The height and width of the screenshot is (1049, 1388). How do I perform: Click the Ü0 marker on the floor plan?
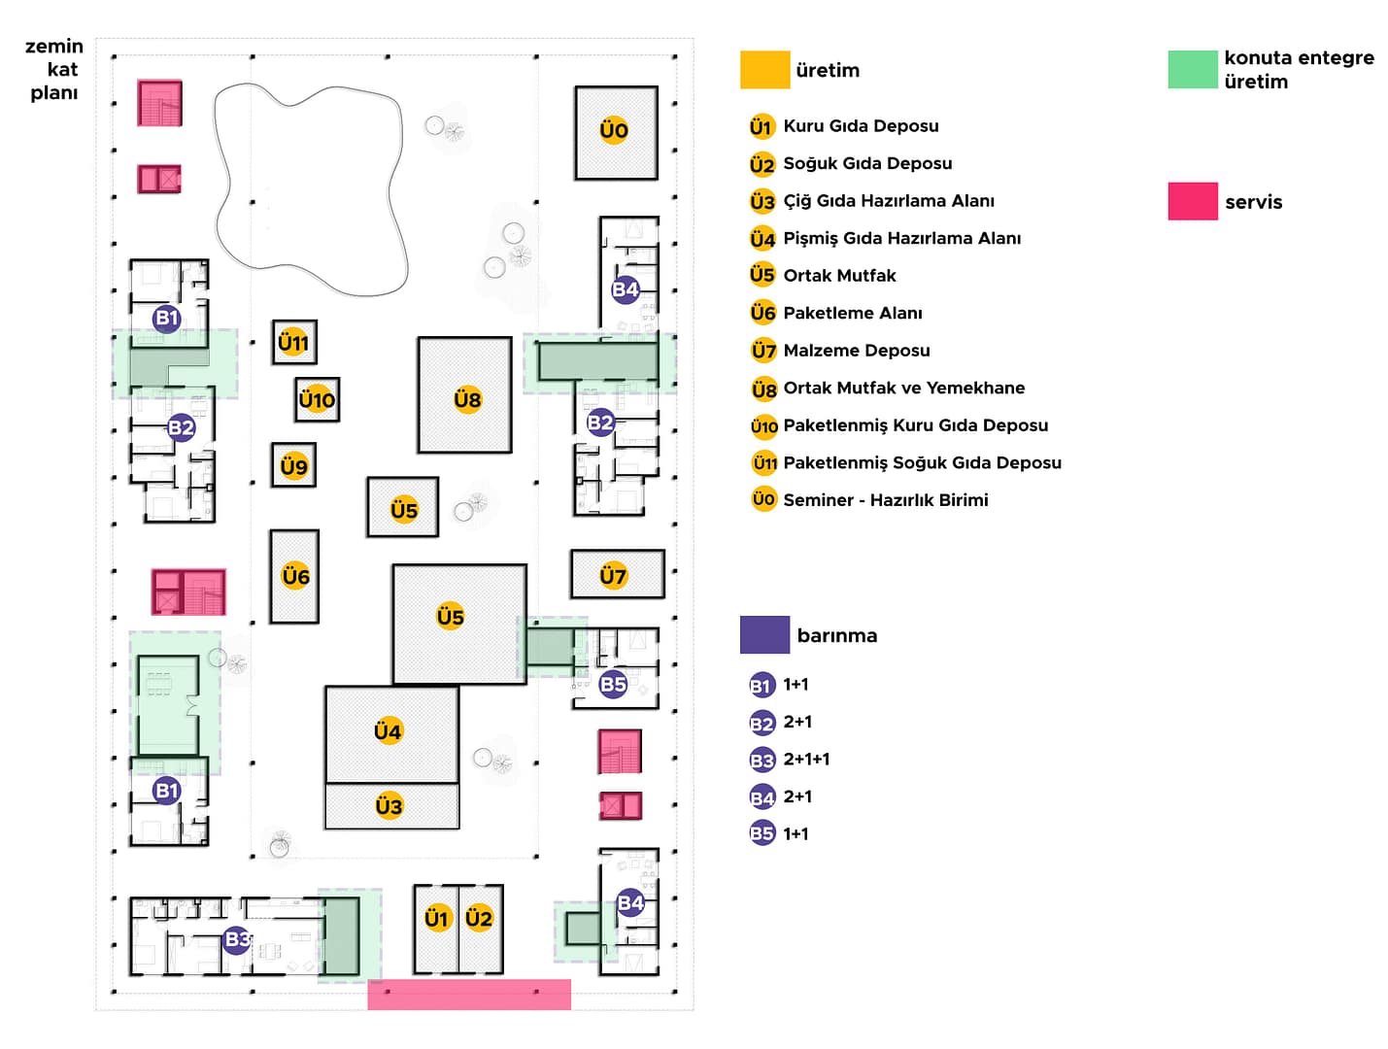613,129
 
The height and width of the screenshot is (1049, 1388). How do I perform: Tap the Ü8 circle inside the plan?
467,398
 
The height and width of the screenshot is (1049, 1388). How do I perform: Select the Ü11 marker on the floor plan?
293,342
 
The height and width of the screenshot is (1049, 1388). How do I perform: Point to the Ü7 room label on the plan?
613,575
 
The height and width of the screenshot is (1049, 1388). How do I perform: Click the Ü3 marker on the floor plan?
389,805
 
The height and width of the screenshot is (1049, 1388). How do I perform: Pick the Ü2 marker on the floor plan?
479,917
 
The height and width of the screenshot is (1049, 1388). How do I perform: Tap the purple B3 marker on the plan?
237,938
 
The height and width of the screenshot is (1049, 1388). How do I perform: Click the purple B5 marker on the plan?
613,684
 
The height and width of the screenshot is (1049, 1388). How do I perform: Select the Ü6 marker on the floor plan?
295,576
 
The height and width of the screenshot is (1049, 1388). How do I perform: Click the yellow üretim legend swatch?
764,70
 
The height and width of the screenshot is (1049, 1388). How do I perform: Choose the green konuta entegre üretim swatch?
1192,70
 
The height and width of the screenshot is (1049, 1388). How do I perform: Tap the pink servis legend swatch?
1192,201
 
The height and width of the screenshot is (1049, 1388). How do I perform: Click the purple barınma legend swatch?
764,634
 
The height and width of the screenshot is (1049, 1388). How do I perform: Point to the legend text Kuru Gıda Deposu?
861,125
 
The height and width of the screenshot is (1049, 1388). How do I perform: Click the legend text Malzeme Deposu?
856,350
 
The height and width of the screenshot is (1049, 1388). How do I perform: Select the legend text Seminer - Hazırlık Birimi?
885,499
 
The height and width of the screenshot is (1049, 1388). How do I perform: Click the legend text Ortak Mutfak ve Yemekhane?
903,388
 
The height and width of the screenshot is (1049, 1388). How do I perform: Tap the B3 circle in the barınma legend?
762,760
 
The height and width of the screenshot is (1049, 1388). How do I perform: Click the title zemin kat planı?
54,69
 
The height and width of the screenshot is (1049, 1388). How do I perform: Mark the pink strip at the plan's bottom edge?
469,994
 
